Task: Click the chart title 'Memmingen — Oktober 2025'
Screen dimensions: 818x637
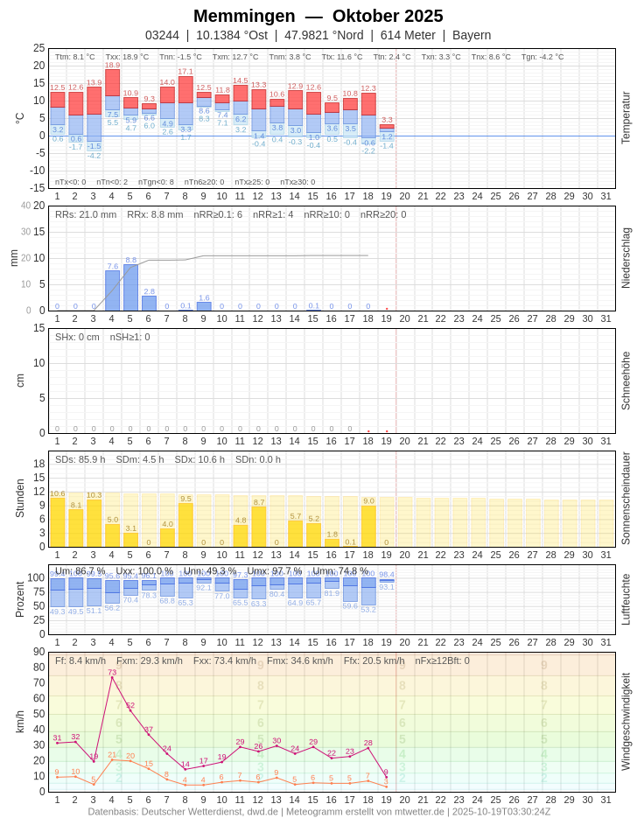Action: pos(318,16)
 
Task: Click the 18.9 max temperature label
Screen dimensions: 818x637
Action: pos(112,65)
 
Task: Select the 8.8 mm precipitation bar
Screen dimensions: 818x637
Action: pos(130,287)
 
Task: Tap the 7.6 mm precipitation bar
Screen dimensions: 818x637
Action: pos(112,290)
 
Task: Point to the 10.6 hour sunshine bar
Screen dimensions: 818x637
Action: pos(57,522)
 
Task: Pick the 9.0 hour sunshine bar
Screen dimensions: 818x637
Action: pos(368,526)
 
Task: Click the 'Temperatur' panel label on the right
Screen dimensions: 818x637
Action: pos(625,117)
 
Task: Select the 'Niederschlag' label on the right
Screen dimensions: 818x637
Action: pos(625,257)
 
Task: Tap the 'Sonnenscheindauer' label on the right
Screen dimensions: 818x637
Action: pos(625,498)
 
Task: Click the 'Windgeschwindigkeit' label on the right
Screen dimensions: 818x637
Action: pos(625,721)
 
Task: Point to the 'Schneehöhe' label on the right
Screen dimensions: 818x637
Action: pos(625,381)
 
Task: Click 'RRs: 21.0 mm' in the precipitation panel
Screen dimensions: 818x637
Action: pos(86,214)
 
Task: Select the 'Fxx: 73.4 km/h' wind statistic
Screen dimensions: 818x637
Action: pos(225,661)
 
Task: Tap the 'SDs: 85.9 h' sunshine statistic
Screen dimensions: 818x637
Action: pos(80,459)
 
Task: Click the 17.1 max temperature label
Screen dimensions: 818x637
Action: pos(185,72)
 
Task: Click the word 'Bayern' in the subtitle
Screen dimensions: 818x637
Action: pos(472,35)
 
